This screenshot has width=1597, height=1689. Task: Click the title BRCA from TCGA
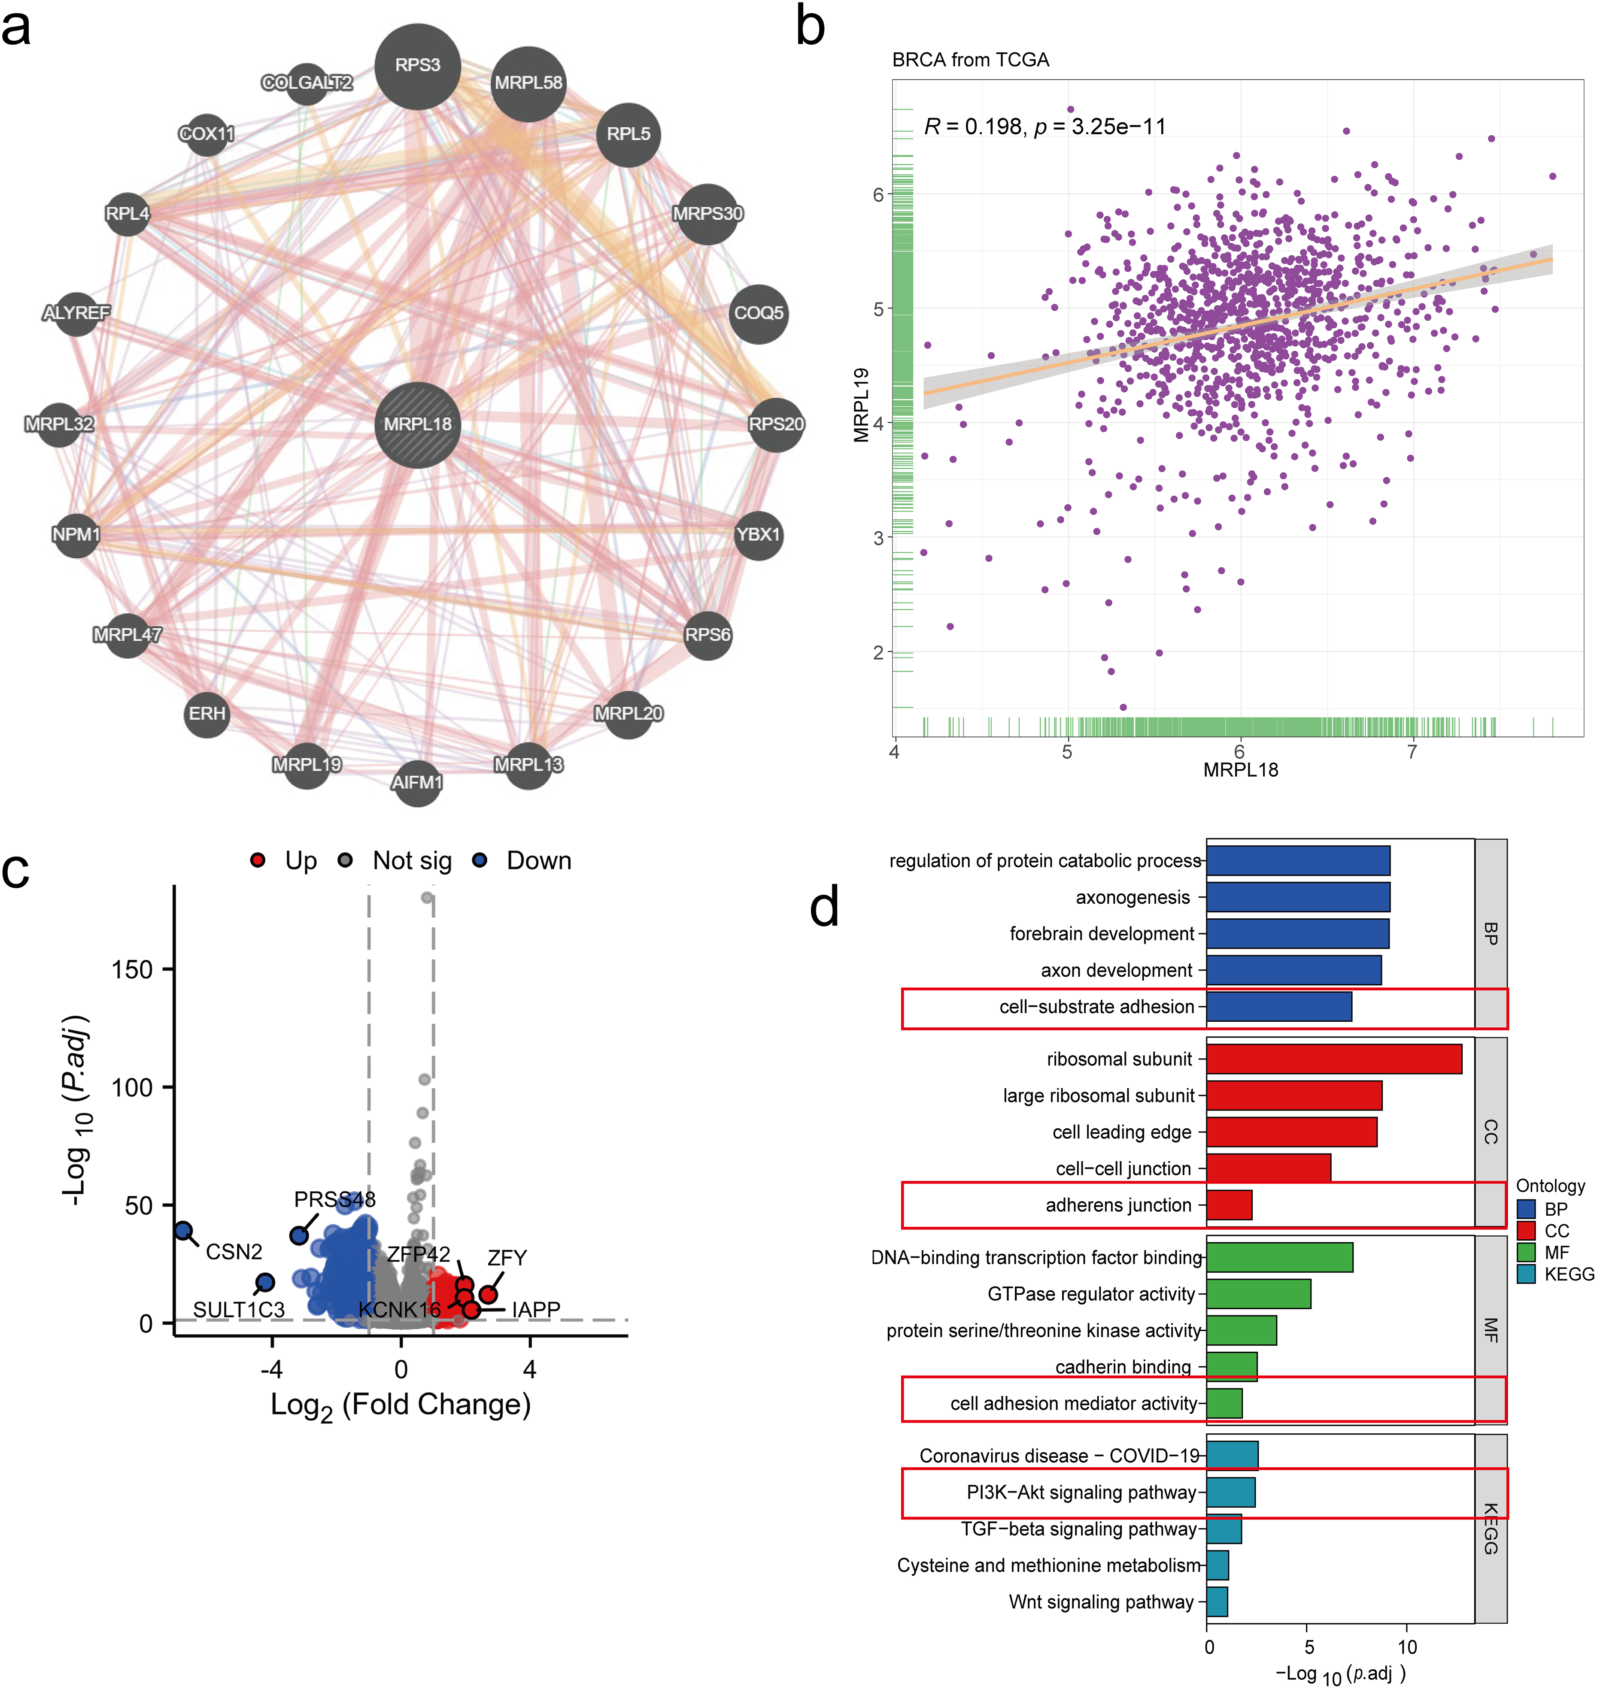pyautogui.click(x=971, y=60)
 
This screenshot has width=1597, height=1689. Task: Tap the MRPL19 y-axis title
pyautogui.click(x=862, y=405)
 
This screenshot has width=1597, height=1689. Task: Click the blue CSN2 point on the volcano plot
pyautogui.click(x=183, y=1230)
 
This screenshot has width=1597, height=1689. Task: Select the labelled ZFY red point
pyautogui.click(x=488, y=1294)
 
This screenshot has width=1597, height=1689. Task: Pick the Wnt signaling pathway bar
pyautogui.click(x=1217, y=1601)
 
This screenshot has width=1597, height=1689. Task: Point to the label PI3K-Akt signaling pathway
pyautogui.click(x=1081, y=1492)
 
